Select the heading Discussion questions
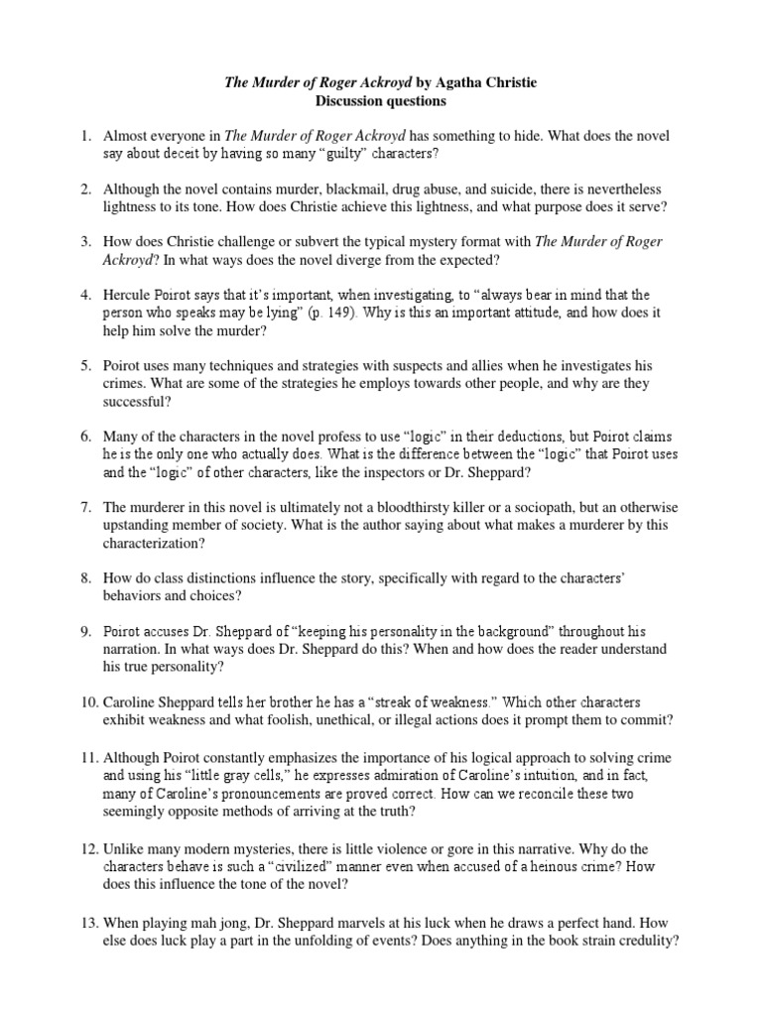click(381, 100)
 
